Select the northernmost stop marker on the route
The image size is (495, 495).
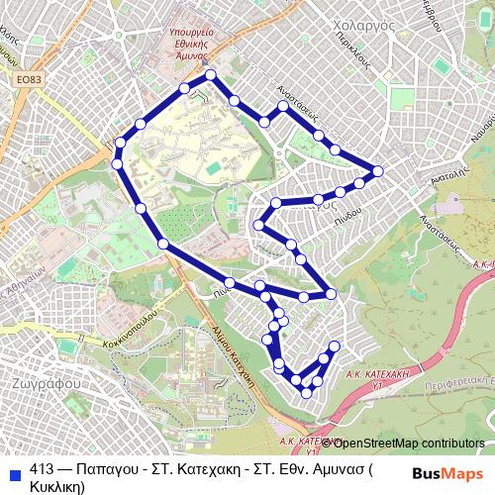point(210,76)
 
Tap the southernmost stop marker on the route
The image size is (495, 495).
point(306,392)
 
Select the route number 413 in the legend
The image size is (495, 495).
point(43,470)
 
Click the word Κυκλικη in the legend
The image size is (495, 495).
point(57,486)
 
